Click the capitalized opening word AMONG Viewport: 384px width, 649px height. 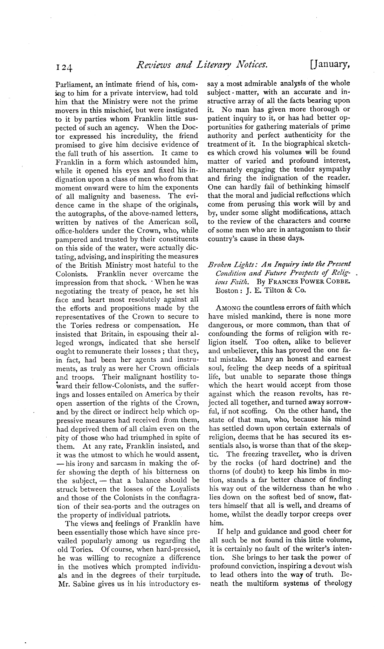(229, 307)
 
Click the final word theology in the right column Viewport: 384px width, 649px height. (337, 584)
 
